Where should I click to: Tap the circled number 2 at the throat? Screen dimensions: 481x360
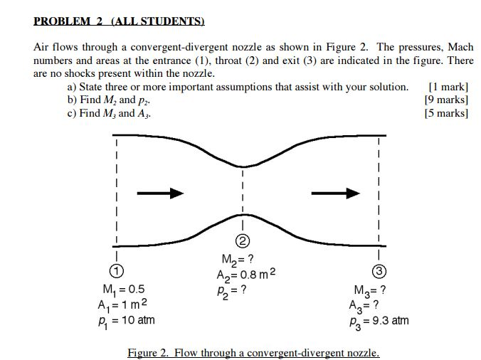pyautogui.click(x=242, y=240)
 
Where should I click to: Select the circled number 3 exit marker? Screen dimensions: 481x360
pyautogui.click(x=379, y=271)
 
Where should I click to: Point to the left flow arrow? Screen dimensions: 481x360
pyautogui.click(x=160, y=193)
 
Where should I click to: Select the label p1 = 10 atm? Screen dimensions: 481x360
pyautogui.click(x=126, y=319)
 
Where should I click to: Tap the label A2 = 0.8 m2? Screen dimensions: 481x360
pyautogui.click(x=245, y=275)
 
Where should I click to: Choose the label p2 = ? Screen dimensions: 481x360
pyautogui.click(x=232, y=290)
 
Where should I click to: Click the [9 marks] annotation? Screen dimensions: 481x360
pyautogui.click(x=446, y=100)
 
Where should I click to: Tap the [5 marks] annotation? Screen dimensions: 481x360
pyautogui.click(x=446, y=112)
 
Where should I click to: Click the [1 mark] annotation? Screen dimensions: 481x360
pyautogui.click(x=449, y=87)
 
